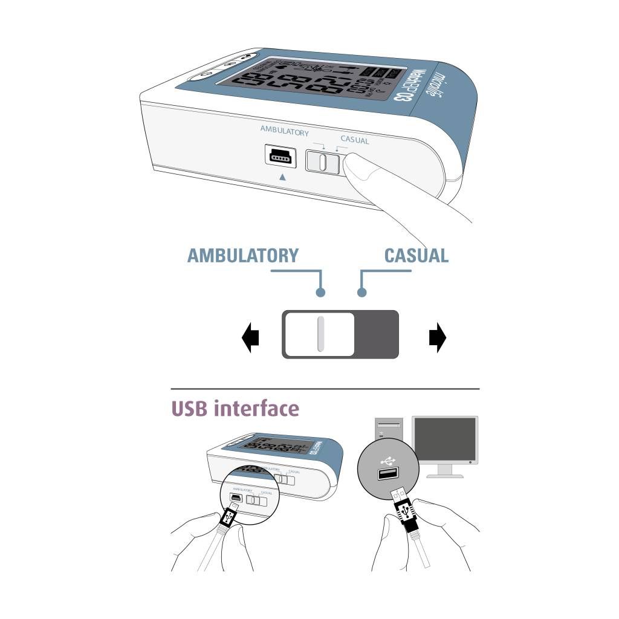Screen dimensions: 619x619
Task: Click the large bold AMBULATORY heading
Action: [x=243, y=255]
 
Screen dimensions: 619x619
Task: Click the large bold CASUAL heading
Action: [x=416, y=255]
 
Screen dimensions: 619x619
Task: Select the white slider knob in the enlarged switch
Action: [x=320, y=334]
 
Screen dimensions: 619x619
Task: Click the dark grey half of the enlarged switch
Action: [x=377, y=334]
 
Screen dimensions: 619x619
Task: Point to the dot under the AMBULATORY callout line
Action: [x=321, y=293]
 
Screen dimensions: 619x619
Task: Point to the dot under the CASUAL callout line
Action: [x=361, y=293]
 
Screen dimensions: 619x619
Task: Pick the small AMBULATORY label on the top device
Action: [x=284, y=132]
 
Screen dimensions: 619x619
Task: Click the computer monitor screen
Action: [x=444, y=440]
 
